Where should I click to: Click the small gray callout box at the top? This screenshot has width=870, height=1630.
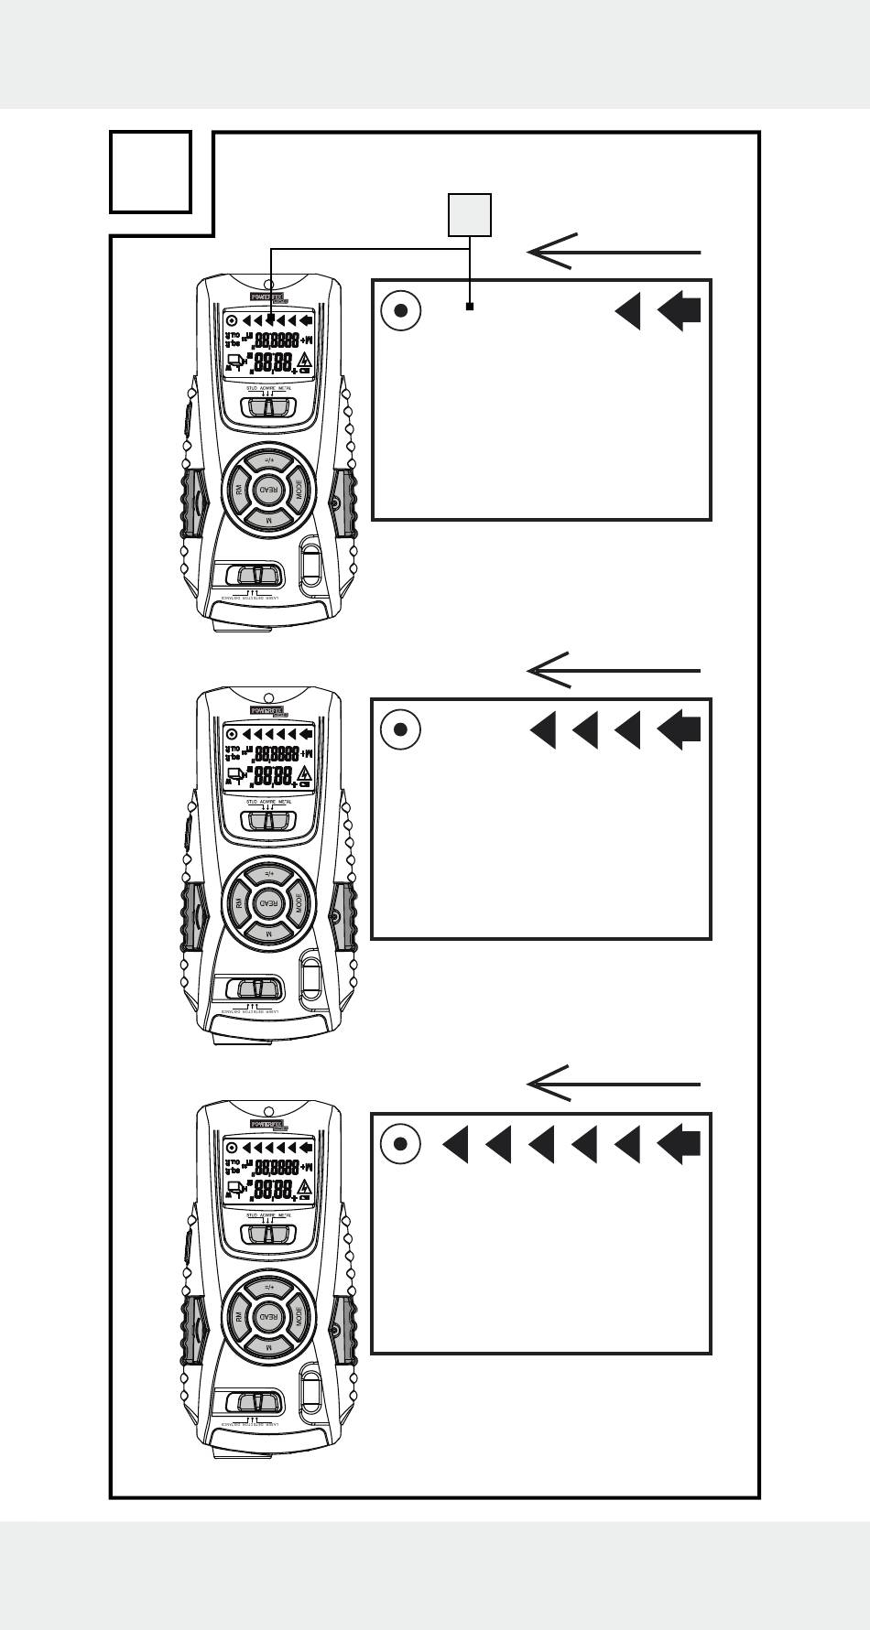(x=469, y=215)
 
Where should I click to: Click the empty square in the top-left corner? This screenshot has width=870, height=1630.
(x=150, y=172)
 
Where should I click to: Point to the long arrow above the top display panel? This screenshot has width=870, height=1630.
(x=614, y=252)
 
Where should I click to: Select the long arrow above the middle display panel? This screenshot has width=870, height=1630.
(x=614, y=671)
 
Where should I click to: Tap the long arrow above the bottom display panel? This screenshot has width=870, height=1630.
(x=614, y=1085)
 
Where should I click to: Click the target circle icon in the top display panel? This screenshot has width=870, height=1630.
(x=400, y=311)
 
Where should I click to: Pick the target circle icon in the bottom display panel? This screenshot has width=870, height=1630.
(x=400, y=1144)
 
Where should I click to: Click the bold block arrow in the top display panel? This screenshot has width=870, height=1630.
(x=680, y=311)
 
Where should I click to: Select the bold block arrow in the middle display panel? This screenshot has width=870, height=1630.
(x=680, y=729)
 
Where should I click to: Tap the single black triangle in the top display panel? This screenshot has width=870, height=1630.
(x=628, y=311)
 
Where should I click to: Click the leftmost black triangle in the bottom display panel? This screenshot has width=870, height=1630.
(x=456, y=1144)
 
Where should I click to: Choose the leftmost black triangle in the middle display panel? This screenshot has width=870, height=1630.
(x=543, y=729)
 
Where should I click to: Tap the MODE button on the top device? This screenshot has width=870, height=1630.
(x=299, y=489)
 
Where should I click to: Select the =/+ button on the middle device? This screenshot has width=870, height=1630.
(x=268, y=873)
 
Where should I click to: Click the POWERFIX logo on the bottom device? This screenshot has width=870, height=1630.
(x=267, y=1124)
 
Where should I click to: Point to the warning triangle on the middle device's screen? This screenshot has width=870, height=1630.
(x=303, y=775)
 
